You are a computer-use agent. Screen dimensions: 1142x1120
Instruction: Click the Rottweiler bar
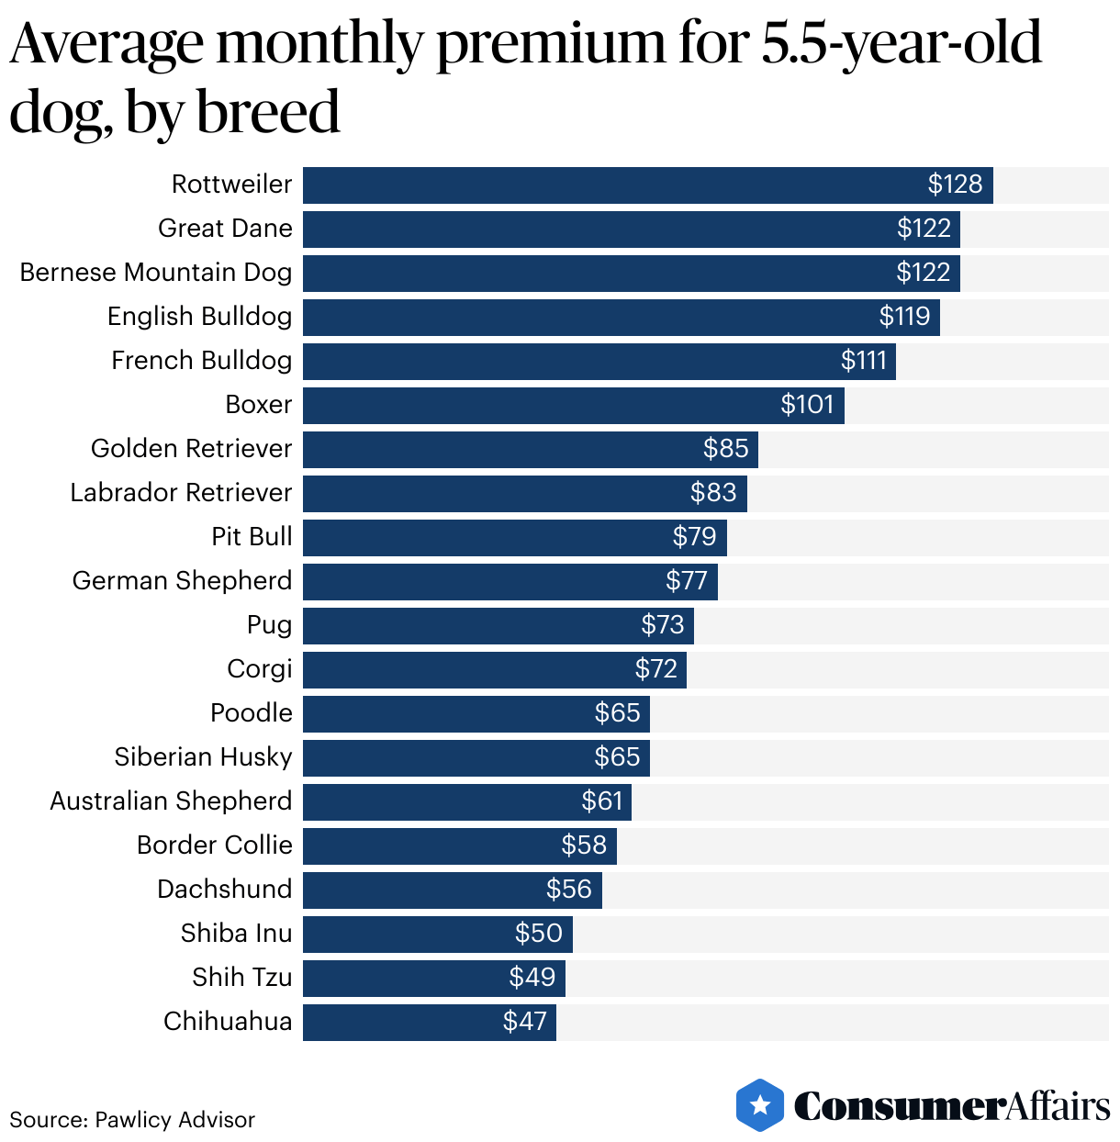pyautogui.click(x=647, y=185)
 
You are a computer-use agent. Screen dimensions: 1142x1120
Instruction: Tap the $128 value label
pyautogui.click(x=955, y=185)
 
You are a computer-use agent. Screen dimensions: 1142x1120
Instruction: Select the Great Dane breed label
pyautogui.click(x=225, y=229)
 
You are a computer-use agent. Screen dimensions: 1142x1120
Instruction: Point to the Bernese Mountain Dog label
pyautogui.click(x=156, y=273)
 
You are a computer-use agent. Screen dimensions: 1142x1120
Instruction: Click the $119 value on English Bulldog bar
pyautogui.click(x=904, y=317)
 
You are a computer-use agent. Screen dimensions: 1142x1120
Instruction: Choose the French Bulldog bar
pyautogui.click(x=599, y=362)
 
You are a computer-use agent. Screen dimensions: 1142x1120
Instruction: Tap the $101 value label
pyautogui.click(x=807, y=405)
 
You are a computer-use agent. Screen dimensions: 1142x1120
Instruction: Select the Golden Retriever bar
pyautogui.click(x=530, y=450)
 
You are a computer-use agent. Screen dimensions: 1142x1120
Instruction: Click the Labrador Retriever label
pyautogui.click(x=181, y=493)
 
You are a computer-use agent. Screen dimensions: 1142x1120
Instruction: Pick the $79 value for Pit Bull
pyautogui.click(x=694, y=537)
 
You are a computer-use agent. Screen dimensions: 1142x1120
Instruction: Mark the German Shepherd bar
pyautogui.click(x=510, y=582)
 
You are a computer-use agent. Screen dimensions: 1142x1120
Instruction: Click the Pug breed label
pyautogui.click(x=269, y=625)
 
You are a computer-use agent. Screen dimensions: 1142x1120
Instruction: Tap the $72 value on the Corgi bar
pyautogui.click(x=655, y=669)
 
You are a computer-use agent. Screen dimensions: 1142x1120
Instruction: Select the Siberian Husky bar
pyautogui.click(x=476, y=758)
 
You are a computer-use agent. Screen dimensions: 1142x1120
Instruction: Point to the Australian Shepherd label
pyautogui.click(x=171, y=801)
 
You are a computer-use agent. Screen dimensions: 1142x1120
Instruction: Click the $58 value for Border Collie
pyautogui.click(x=584, y=845)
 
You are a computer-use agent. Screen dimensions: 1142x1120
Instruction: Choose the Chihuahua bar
pyautogui.click(x=429, y=1023)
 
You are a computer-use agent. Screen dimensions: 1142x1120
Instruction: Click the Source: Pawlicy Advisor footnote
pyautogui.click(x=132, y=1120)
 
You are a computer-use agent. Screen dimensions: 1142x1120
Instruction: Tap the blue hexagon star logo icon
pyautogui.click(x=760, y=1105)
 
